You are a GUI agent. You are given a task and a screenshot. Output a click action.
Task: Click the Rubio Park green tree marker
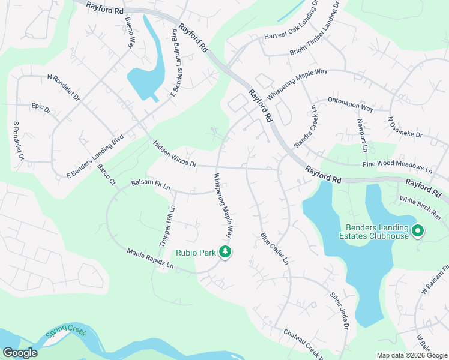[226, 253]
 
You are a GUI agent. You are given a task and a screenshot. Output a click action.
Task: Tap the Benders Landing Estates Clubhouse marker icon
[418, 230]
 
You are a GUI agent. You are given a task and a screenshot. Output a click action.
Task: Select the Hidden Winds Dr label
[175, 154]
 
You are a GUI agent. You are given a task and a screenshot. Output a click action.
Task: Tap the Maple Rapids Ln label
[150, 258]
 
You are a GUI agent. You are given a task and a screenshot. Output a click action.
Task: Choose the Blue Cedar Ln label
[274, 249]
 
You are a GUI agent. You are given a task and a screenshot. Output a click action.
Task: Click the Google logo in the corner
[20, 353]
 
